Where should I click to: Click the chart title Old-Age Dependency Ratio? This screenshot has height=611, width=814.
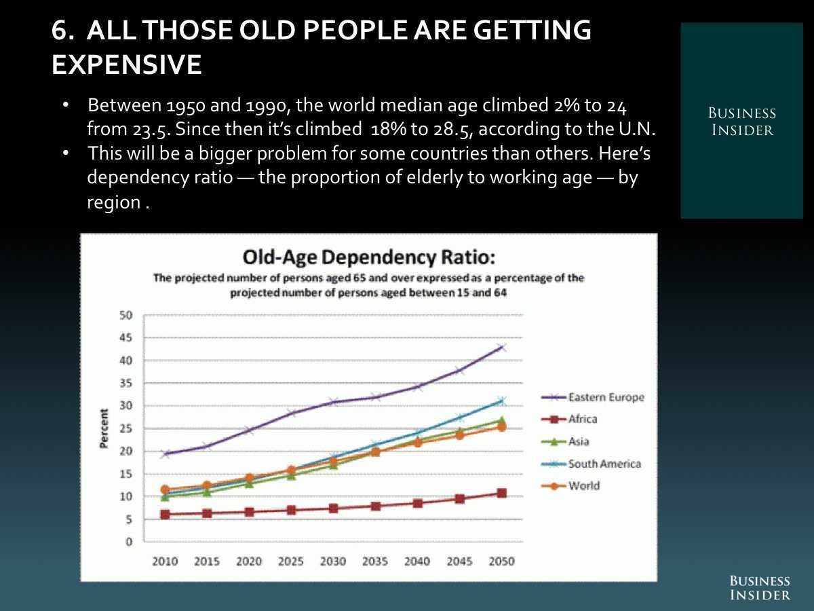coord(369,257)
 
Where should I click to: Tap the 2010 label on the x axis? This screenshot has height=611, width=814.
coord(165,561)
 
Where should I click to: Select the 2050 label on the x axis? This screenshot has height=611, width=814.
coord(501,561)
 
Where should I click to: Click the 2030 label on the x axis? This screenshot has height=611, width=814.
coord(333,561)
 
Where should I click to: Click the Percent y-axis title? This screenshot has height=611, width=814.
coord(104,428)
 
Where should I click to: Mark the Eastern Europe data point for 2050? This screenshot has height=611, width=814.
coord(501,348)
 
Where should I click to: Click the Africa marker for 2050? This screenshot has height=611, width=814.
coord(501,493)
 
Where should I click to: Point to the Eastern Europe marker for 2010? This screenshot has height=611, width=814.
coord(165,454)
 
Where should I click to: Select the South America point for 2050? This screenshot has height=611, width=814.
coord(501,401)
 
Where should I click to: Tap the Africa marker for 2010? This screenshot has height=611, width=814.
coord(165,515)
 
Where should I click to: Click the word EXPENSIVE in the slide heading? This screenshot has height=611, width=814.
coord(127,65)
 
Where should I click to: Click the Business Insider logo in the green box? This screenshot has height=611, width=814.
coord(741,122)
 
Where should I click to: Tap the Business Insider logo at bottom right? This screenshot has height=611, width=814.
coord(760,588)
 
